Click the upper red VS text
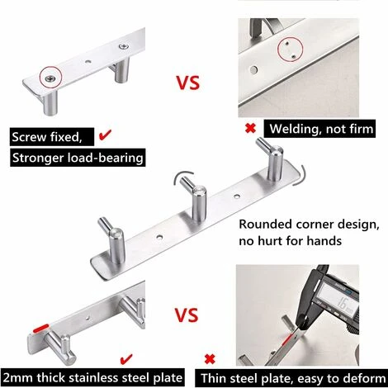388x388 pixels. click(188, 83)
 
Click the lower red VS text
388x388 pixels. click(187, 315)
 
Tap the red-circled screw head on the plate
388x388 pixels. click(51, 78)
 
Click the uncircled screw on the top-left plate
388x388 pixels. click(124, 46)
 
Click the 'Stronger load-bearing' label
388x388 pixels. click(78, 158)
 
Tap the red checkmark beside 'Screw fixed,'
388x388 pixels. click(105, 135)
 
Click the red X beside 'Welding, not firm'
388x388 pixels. click(250, 128)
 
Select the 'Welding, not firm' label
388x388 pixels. click(319, 129)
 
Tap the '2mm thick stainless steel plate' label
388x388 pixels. click(92, 377)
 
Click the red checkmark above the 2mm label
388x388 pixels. click(126, 359)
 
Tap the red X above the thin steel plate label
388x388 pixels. click(210, 359)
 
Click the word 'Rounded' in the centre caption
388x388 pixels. click(266, 225)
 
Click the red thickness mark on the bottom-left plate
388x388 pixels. click(40, 328)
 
